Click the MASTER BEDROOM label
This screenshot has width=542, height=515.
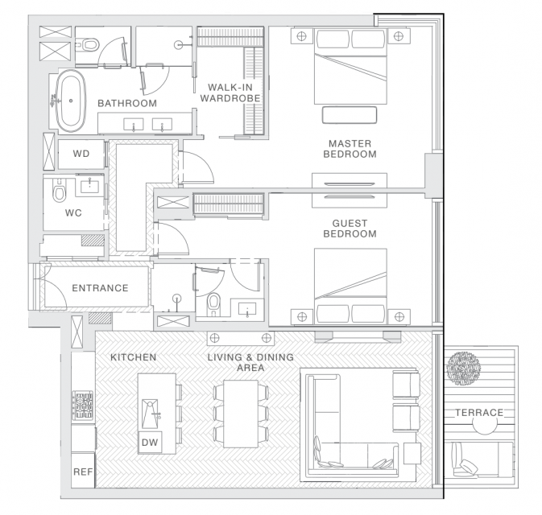(350, 149)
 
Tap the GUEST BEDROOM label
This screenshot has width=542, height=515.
(350, 229)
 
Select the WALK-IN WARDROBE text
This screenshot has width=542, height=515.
(230, 93)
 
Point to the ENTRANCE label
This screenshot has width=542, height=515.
(100, 288)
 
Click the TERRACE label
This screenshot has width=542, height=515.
(479, 413)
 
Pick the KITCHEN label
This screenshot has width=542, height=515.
(134, 357)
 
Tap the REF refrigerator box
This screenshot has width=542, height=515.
(83, 471)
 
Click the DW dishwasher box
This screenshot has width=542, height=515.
(150, 442)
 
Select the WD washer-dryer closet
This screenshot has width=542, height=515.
(81, 154)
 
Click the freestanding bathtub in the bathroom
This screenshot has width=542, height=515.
(71, 101)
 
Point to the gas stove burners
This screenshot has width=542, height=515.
(83, 406)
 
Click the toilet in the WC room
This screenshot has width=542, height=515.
(60, 191)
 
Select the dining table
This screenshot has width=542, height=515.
(241, 414)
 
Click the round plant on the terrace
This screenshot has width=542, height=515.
(463, 369)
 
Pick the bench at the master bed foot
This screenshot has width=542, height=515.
(350, 115)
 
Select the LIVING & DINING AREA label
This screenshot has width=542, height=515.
(250, 362)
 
